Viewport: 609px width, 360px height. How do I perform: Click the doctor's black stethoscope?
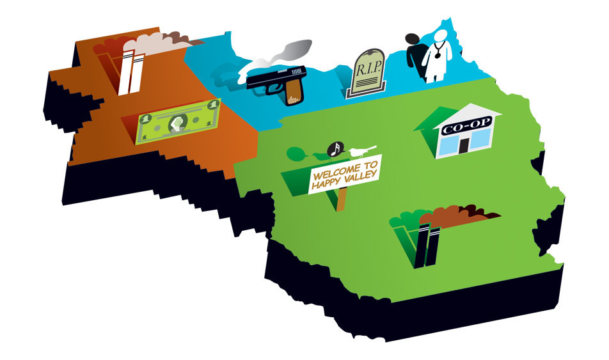coord(438,51)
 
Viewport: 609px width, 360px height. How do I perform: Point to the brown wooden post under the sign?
coord(341,199)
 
